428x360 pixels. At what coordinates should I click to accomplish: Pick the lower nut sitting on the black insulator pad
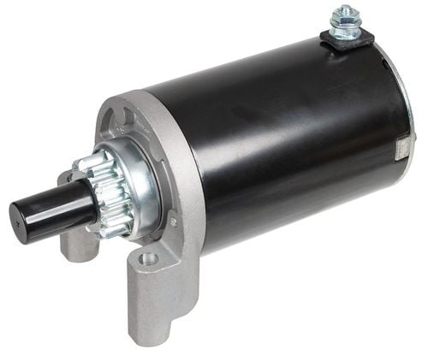(345, 32)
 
